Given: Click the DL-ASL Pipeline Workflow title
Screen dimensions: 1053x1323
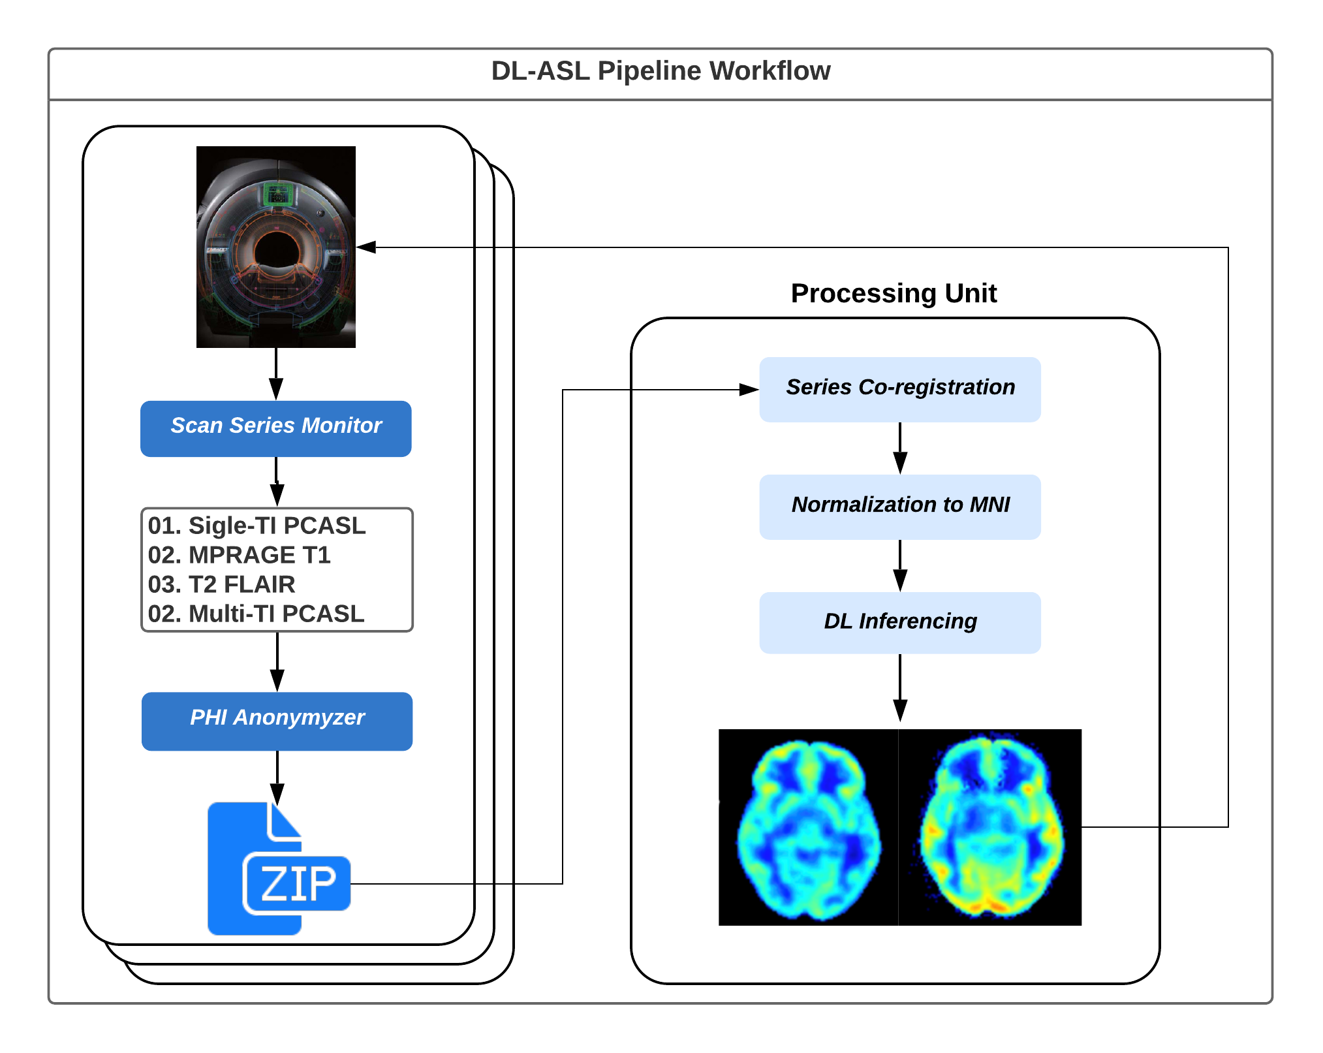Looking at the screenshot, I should pyautogui.click(x=660, y=71).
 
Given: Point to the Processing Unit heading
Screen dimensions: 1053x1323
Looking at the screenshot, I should pyautogui.click(x=893, y=294).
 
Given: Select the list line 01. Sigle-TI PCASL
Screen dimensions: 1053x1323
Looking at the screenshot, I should pyautogui.click(x=257, y=526).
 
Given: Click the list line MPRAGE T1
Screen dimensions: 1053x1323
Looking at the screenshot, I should pyautogui.click(x=239, y=556).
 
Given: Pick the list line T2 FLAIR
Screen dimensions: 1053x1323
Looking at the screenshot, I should pyautogui.click(x=221, y=585).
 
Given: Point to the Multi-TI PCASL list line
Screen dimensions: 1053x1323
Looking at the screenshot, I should pyautogui.click(x=256, y=614).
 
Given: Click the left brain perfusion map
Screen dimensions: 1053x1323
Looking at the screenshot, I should pyautogui.click(x=809, y=828).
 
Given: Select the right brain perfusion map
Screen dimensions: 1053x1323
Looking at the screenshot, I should pyautogui.click(x=990, y=828).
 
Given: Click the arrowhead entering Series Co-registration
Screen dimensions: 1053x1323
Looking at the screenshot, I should pyautogui.click(x=749, y=390).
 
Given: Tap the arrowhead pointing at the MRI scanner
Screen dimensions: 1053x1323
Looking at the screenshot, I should pyautogui.click(x=366, y=247).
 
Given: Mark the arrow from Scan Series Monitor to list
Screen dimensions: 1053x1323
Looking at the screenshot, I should pyautogui.click(x=277, y=483).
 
